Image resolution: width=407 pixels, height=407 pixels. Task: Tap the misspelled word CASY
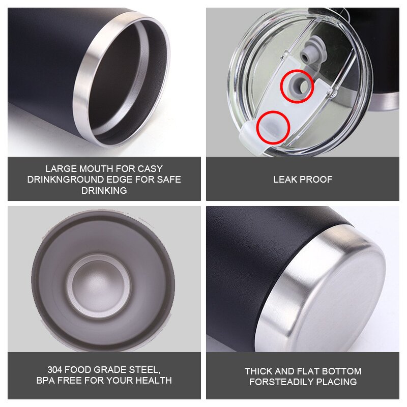150,169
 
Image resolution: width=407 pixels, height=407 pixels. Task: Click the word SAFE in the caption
169,180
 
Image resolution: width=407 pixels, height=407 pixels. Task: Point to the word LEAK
285,180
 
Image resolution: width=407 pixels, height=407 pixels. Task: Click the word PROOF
315,180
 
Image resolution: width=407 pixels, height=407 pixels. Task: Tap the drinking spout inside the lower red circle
272,128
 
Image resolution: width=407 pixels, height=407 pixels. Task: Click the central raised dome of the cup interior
99,285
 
